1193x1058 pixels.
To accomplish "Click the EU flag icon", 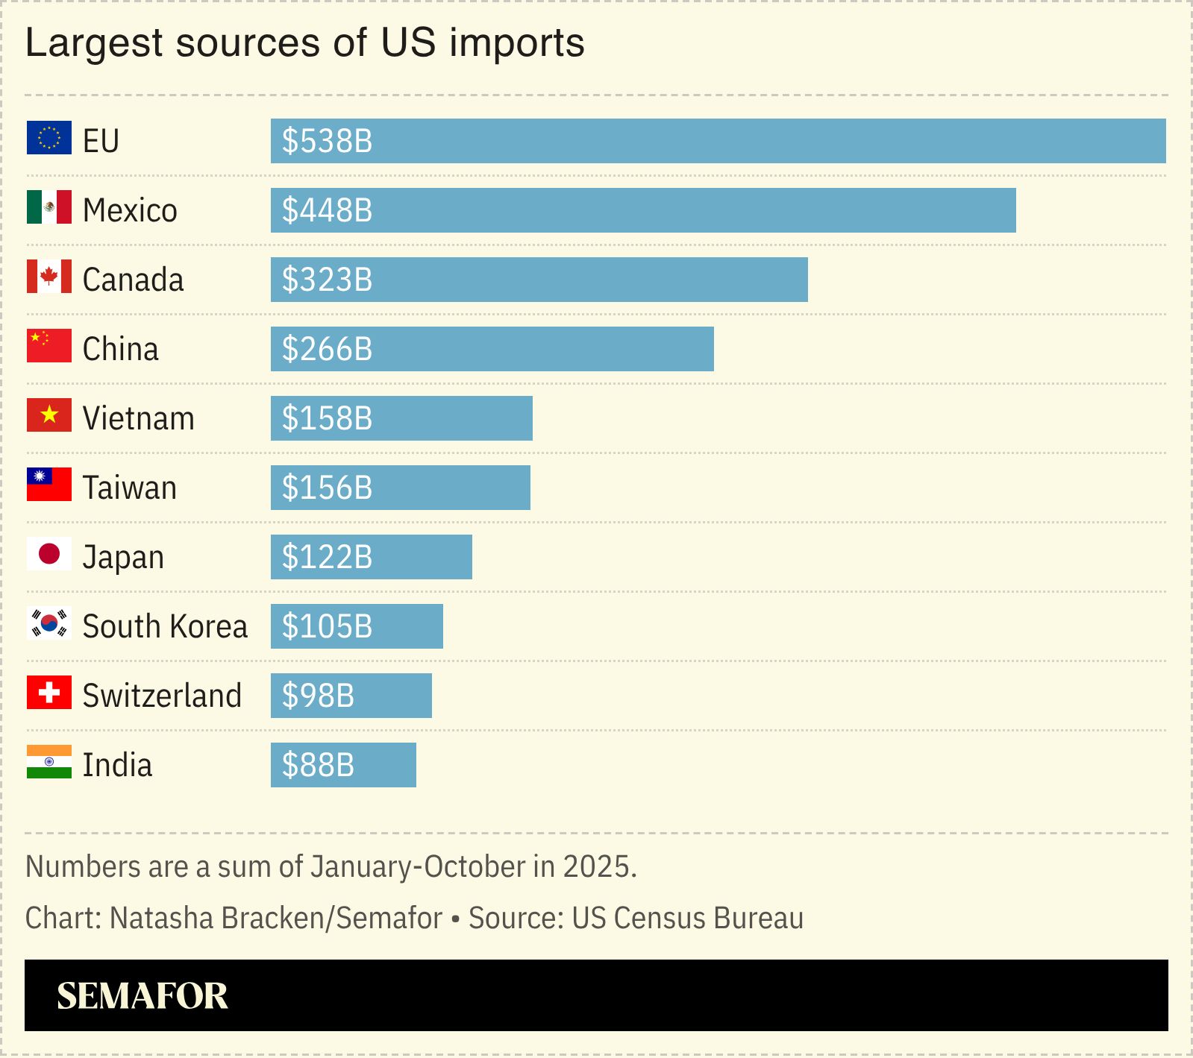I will (48, 138).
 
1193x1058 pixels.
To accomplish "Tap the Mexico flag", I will (48, 207).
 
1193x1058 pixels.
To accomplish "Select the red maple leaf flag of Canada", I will (48, 277).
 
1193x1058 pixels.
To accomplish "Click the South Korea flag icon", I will (48, 623).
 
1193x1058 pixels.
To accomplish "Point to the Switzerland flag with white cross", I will (48, 693).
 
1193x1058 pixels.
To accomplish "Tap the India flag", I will (48, 762).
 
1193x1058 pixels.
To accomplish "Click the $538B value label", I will (327, 141).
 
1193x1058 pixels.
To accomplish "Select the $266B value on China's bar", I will (327, 349).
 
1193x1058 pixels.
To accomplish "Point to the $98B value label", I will (318, 696).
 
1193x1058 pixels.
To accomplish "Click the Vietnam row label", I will (138, 418).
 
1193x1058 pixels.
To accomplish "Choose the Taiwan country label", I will (129, 488).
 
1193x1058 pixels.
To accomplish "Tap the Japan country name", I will (123, 558).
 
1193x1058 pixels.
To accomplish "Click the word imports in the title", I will (516, 42).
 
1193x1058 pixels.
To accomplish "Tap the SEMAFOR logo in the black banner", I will (142, 996).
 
